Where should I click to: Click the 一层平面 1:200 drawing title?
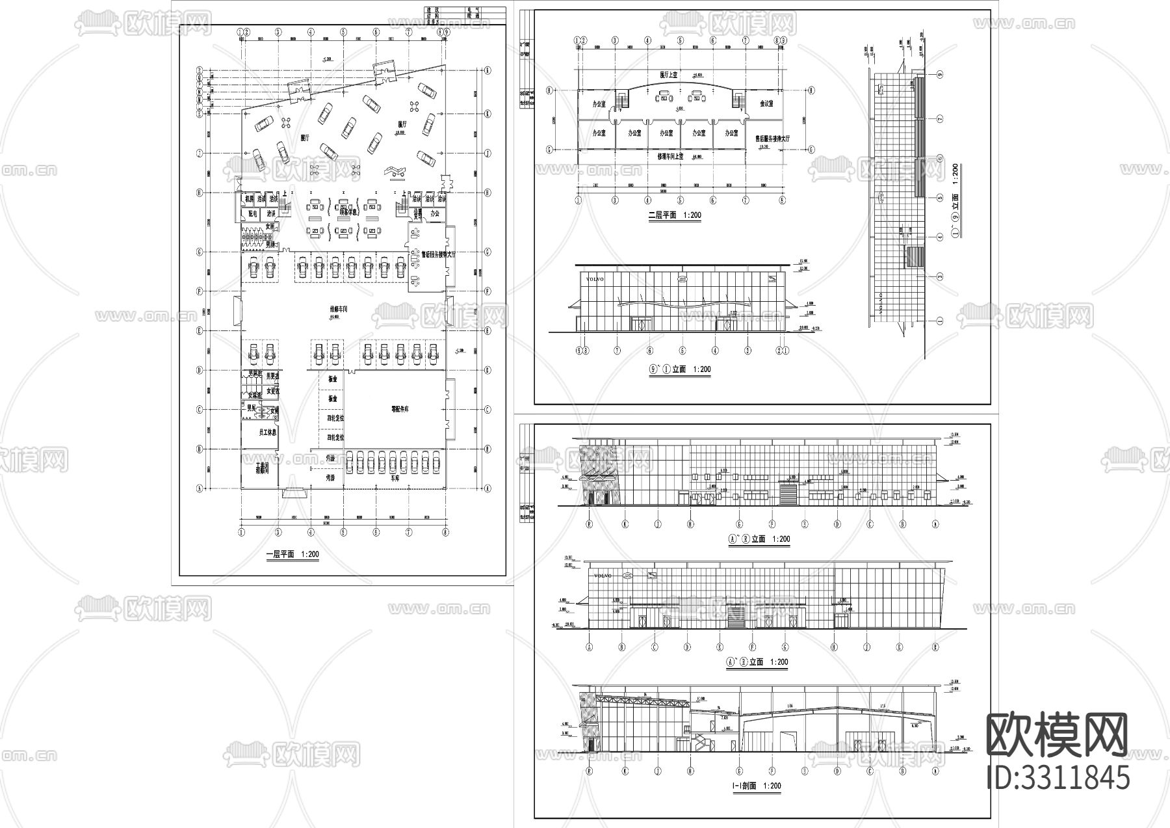tap(292, 555)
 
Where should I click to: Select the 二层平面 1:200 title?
tap(675, 215)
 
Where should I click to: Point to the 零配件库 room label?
tap(399, 410)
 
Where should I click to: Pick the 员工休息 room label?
tap(259, 433)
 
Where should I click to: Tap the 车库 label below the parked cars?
tap(395, 477)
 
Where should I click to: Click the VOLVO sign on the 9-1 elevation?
tap(595, 279)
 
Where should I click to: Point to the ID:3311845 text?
tap(1058, 778)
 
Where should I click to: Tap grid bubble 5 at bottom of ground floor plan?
tap(343, 531)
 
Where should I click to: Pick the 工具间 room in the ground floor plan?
tap(259, 467)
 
